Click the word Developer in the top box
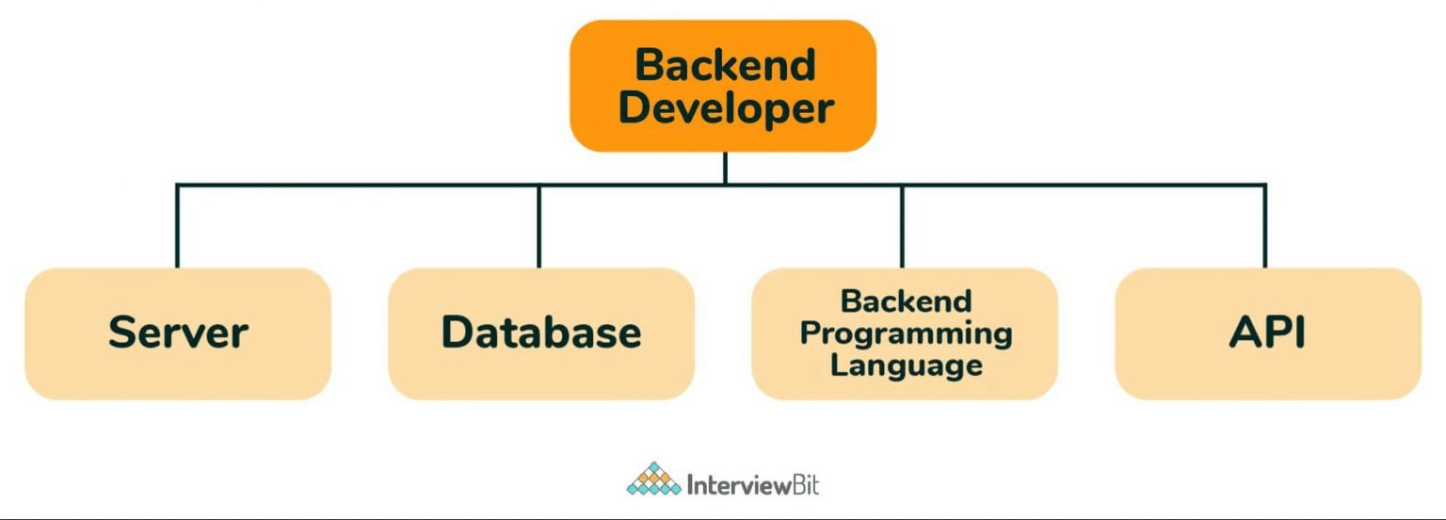pyautogui.click(x=725, y=108)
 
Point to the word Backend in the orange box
pyautogui.click(x=724, y=65)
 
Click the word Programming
pyautogui.click(x=906, y=333)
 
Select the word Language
pyautogui.click(x=906, y=365)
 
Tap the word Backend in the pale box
pyautogui.click(x=906, y=301)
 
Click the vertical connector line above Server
pyautogui.click(x=177, y=226)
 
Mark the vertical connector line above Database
pyautogui.click(x=539, y=226)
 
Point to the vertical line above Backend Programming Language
pyautogui.click(x=902, y=226)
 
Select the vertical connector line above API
pyautogui.click(x=1265, y=226)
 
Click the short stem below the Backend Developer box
pyautogui.click(x=724, y=168)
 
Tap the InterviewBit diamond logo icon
pyautogui.click(x=653, y=479)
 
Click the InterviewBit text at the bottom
pyautogui.click(x=753, y=484)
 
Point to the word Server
pyautogui.click(x=178, y=333)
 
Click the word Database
pyautogui.click(x=541, y=333)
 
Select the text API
pyautogui.click(x=1268, y=333)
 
